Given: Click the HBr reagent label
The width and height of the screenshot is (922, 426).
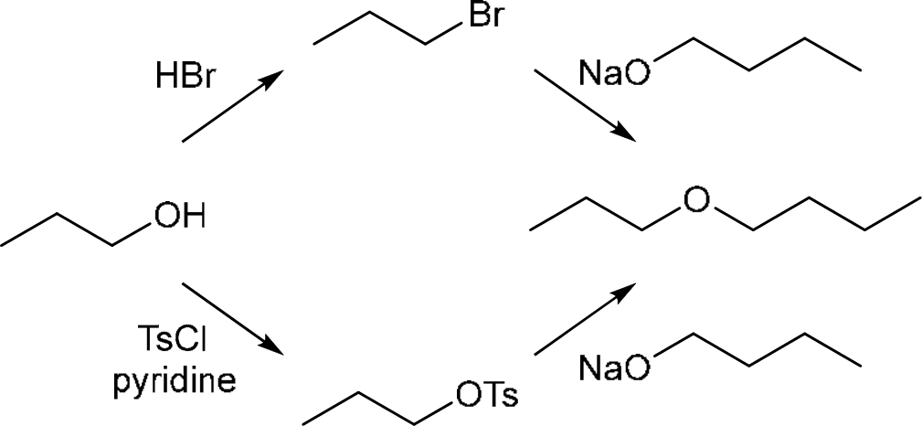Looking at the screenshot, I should [x=184, y=76].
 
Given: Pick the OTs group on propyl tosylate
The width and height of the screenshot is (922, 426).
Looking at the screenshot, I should [x=486, y=396].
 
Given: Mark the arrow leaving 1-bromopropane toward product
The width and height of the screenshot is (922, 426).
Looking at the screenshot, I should [x=584, y=103].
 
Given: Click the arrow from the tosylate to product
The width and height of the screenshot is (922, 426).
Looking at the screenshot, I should [x=584, y=318].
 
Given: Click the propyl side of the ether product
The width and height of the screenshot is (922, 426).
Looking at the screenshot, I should [x=594, y=218].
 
